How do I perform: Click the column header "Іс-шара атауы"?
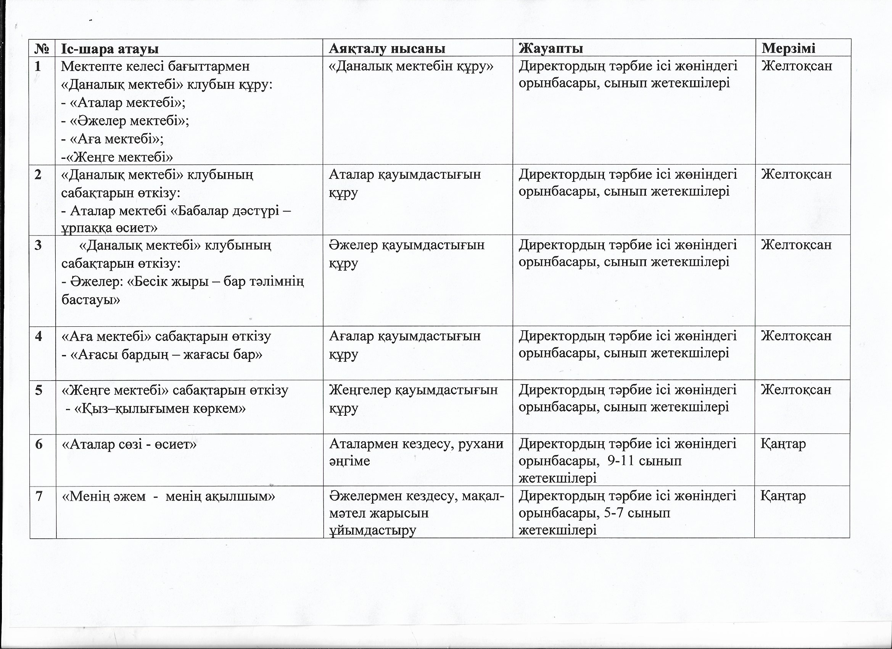pyautogui.click(x=110, y=49)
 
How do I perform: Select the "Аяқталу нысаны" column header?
pyautogui.click(x=387, y=48)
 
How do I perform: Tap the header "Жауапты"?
pyautogui.click(x=551, y=48)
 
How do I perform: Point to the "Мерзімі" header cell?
pyautogui.click(x=788, y=48)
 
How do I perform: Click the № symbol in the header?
pyautogui.click(x=42, y=49)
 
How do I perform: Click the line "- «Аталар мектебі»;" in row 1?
pyautogui.click(x=124, y=103)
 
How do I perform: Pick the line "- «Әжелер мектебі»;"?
pyautogui.click(x=125, y=121)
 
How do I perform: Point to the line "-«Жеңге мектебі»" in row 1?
pyautogui.click(x=117, y=157)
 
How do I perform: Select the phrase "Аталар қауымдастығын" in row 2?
pyautogui.click(x=405, y=174)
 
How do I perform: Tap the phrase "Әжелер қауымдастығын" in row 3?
pyautogui.click(x=407, y=245)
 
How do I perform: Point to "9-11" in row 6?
pyautogui.click(x=620, y=461)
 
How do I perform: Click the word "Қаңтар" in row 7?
pyautogui.click(x=783, y=496)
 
